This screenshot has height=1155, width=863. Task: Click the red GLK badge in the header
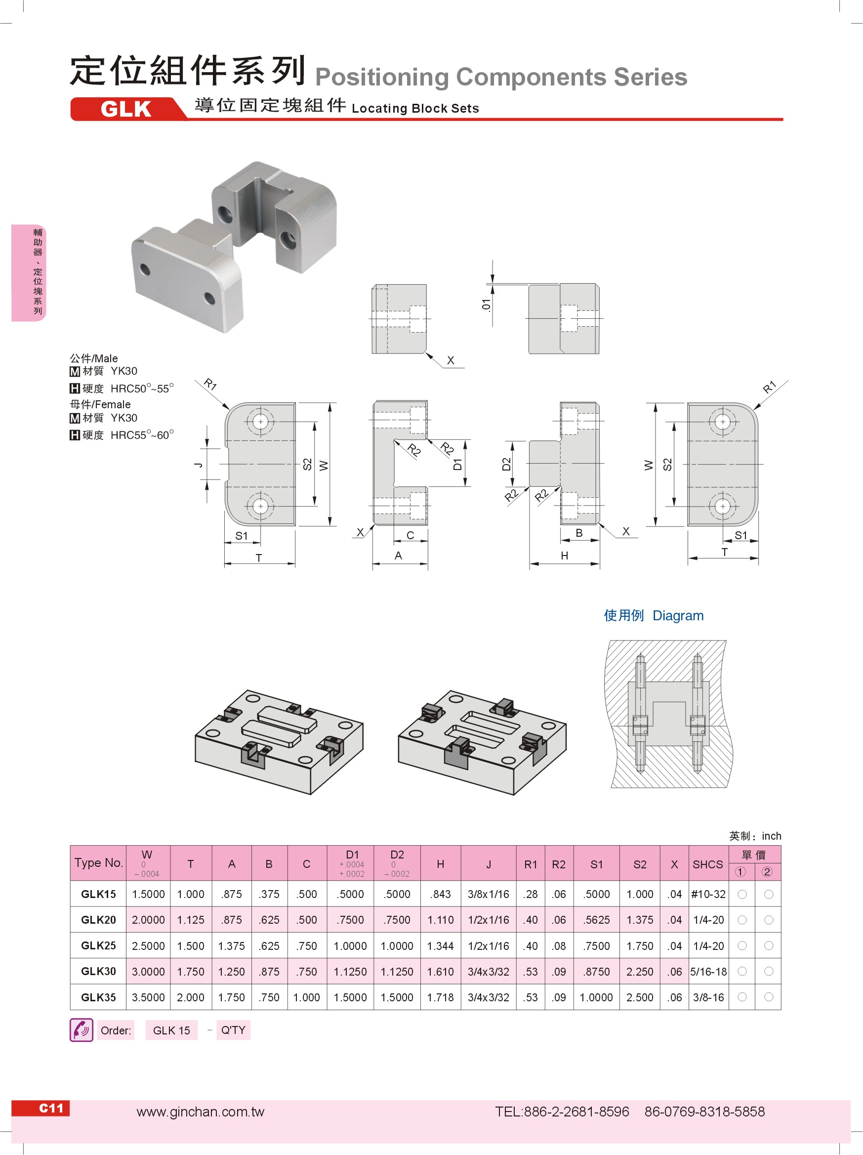coord(126,109)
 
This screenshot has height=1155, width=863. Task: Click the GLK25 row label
coord(98,945)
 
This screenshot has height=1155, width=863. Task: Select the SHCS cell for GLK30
coord(708,971)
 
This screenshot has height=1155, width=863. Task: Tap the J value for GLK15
coord(488,894)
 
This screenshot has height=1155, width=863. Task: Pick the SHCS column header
coord(707,864)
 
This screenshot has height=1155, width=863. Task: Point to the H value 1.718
coord(440,997)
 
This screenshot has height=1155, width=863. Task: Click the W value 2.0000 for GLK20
coord(148,920)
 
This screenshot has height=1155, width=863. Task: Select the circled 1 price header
coord(740,872)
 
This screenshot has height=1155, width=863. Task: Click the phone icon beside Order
coord(82,1029)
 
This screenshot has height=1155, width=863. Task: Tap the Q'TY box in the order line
coord(233,1029)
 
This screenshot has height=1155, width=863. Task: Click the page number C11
coord(51,1108)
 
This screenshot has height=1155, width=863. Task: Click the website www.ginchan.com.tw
coord(201,1112)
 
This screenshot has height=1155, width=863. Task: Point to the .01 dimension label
coord(486,305)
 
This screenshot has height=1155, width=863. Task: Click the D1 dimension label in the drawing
coord(457,464)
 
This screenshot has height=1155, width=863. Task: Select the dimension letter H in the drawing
coord(564,556)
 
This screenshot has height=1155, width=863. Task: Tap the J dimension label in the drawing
coord(199,464)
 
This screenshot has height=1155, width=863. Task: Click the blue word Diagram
coord(678,616)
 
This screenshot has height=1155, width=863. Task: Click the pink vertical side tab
coord(30,272)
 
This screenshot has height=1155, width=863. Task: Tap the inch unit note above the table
coord(771,836)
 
